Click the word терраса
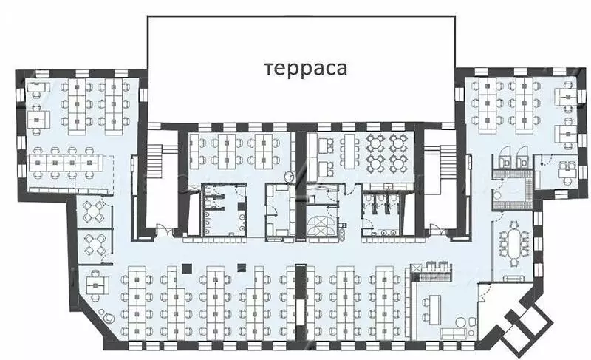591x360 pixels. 305,69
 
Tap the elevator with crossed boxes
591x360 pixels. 318,225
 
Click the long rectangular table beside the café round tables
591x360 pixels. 349,150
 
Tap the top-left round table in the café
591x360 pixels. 375,143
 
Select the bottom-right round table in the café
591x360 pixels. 397,163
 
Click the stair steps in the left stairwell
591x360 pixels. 155,163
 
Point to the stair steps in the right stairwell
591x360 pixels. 448,163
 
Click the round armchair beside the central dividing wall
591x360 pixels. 288,177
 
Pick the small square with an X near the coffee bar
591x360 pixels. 416,268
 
